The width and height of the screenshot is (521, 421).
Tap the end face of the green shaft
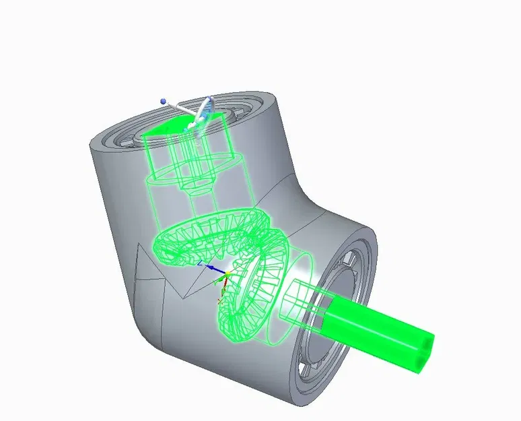[x=423, y=352]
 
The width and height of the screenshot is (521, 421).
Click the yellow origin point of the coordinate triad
[x=228, y=273]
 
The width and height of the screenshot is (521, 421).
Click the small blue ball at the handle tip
[x=163, y=101]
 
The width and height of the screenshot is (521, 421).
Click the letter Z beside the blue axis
[x=200, y=263]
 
